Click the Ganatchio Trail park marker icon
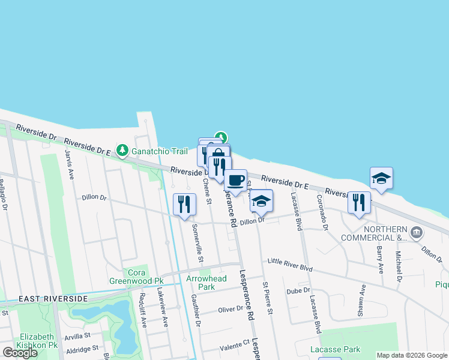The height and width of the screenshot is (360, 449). [x=122, y=149]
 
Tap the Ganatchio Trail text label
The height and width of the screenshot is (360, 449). [x=157, y=149]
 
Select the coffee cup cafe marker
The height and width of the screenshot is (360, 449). [x=236, y=180]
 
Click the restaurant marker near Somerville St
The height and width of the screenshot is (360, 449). [x=184, y=204]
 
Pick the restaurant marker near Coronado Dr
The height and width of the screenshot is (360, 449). [x=359, y=202]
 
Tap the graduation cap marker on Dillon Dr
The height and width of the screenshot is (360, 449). [x=261, y=200]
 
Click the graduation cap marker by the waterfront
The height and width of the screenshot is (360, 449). [x=381, y=178]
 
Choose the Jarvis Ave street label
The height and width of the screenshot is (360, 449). [x=70, y=166]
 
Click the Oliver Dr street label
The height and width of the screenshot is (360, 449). [x=231, y=309]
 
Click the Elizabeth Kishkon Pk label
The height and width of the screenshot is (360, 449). [x=38, y=341]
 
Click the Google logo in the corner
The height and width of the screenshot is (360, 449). [x=20, y=353]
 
